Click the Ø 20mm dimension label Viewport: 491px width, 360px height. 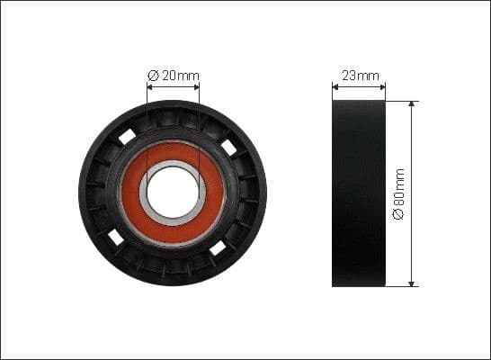tap(173, 76)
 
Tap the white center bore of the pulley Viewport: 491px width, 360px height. tap(173, 193)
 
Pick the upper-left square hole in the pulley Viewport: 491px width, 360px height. tap(127, 136)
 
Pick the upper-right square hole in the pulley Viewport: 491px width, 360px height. tap(228, 146)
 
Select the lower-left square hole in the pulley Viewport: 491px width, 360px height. tap(116, 238)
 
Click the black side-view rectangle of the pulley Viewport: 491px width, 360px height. tap(358, 193)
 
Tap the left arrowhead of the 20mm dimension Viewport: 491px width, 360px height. tap(149, 88)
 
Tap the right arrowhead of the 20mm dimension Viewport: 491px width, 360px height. tap(196, 88)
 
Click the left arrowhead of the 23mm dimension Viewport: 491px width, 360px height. tap(335, 87)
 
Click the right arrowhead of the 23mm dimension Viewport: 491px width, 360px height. tap(382, 87)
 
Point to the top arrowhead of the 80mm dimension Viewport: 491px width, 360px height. tap(412, 103)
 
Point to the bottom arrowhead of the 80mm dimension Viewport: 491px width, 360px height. tap(412, 283)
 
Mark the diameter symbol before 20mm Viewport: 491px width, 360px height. tap(153, 76)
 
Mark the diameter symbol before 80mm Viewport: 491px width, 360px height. tap(399, 217)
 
